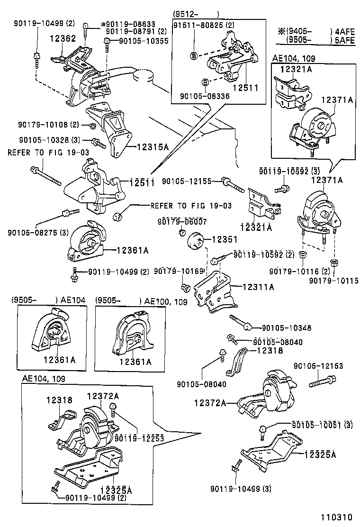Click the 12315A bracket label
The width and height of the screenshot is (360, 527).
click(153, 147)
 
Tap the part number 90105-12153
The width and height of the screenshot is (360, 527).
click(318, 366)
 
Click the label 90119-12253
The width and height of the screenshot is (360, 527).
click(139, 438)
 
